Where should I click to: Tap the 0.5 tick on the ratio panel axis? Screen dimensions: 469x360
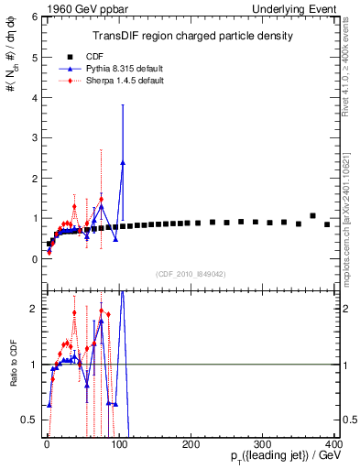point(30,420)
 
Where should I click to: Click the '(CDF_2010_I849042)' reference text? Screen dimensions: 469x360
point(191,273)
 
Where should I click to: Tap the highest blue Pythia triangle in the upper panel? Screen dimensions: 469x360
point(123,163)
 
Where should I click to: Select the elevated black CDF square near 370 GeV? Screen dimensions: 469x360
point(312,216)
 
